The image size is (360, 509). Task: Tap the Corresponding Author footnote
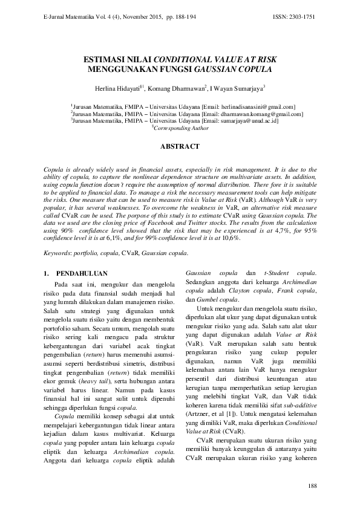181,128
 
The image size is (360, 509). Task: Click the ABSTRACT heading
180,147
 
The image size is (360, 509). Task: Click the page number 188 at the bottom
312,486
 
